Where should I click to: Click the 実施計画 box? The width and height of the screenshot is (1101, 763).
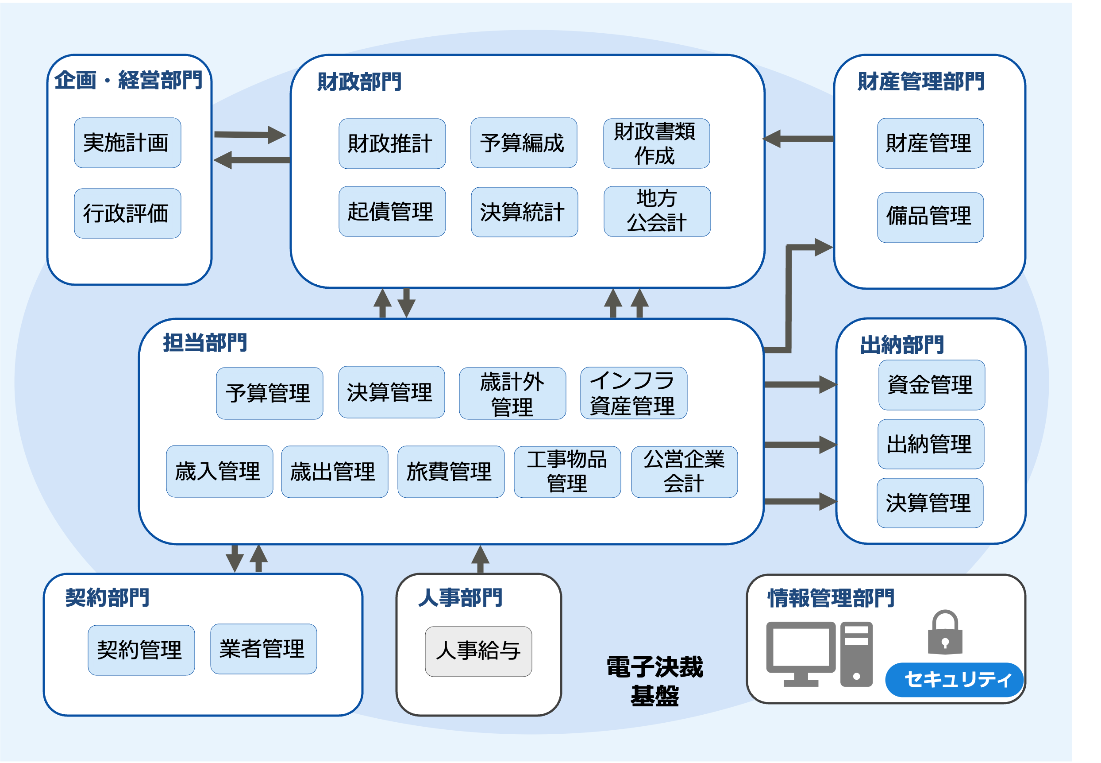click(127, 143)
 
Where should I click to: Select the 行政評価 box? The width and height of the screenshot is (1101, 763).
click(127, 213)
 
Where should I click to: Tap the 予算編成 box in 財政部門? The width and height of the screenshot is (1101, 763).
click(524, 143)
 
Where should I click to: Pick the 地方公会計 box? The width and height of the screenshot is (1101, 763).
click(657, 211)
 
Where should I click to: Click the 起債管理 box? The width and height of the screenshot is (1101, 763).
click(392, 211)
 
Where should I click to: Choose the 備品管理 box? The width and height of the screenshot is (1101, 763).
click(930, 217)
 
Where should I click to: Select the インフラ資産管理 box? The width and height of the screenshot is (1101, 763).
click(633, 392)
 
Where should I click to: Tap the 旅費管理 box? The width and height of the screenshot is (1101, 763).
click(450, 471)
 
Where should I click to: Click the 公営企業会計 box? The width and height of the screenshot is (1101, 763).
click(684, 471)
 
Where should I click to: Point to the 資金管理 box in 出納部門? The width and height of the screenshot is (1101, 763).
click(932, 384)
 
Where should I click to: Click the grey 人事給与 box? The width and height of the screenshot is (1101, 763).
click(478, 651)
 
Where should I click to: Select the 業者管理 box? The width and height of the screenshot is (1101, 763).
click(263, 648)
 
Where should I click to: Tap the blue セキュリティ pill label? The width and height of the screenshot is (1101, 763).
click(954, 679)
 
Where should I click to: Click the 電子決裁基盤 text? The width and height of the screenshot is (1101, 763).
click(654, 681)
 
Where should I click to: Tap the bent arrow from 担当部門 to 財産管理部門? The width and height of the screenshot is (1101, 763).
click(789, 296)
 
